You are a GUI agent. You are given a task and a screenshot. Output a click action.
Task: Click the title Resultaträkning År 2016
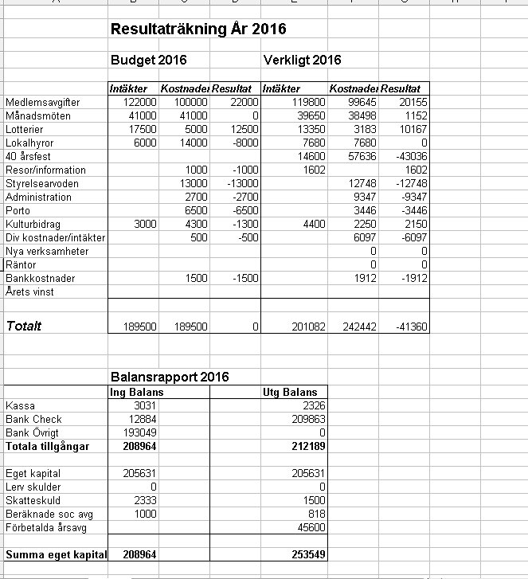pos(198,30)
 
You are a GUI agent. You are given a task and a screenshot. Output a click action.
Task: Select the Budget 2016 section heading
pos(148,61)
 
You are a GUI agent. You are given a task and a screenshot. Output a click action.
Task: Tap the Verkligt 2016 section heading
pos(302,61)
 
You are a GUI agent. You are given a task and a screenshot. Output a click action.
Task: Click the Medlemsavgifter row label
pos(37,103)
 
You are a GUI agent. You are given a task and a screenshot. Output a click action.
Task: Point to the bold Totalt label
pos(24,326)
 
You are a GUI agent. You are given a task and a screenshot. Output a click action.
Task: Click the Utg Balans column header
pos(290,392)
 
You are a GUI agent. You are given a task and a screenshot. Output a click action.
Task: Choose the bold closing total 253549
pos(309,554)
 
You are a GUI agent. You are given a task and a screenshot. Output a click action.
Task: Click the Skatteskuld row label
pos(29,500)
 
